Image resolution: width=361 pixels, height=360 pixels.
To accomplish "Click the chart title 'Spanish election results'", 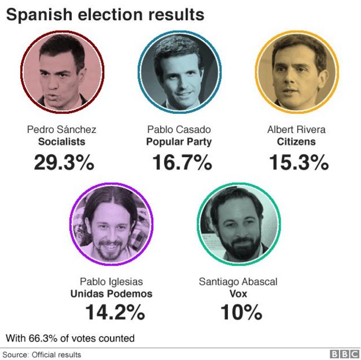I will tap(105, 14).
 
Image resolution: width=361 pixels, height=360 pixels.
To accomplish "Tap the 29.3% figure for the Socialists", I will tap(64, 163).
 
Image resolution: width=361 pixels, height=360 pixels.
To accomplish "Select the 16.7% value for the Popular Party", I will tap(182, 163).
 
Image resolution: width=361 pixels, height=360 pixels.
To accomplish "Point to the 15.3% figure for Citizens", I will tap(299, 163).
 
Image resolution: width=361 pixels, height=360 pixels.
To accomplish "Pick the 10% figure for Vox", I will tap(241, 313).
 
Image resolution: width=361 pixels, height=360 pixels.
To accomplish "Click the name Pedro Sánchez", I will tap(62, 129).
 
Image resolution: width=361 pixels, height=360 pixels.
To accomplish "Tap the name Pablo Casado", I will tap(179, 129).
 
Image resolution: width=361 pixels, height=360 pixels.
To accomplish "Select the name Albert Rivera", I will tap(296, 129).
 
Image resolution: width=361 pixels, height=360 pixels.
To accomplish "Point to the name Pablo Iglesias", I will tap(111, 281).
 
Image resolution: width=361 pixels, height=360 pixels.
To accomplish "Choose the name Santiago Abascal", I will tap(238, 281).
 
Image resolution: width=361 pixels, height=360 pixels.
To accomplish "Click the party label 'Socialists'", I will tap(62, 142).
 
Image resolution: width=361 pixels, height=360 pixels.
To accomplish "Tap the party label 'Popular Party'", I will tap(179, 142).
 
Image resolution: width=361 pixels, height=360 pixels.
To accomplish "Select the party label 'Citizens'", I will tap(296, 142).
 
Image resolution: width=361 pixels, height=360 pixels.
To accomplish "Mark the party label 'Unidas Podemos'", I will tap(111, 294).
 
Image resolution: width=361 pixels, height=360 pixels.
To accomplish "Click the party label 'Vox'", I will tap(238, 294).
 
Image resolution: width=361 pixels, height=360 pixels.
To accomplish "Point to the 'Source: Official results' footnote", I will tap(42, 354).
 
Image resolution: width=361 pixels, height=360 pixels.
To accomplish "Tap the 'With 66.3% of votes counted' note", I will tap(70, 338).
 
